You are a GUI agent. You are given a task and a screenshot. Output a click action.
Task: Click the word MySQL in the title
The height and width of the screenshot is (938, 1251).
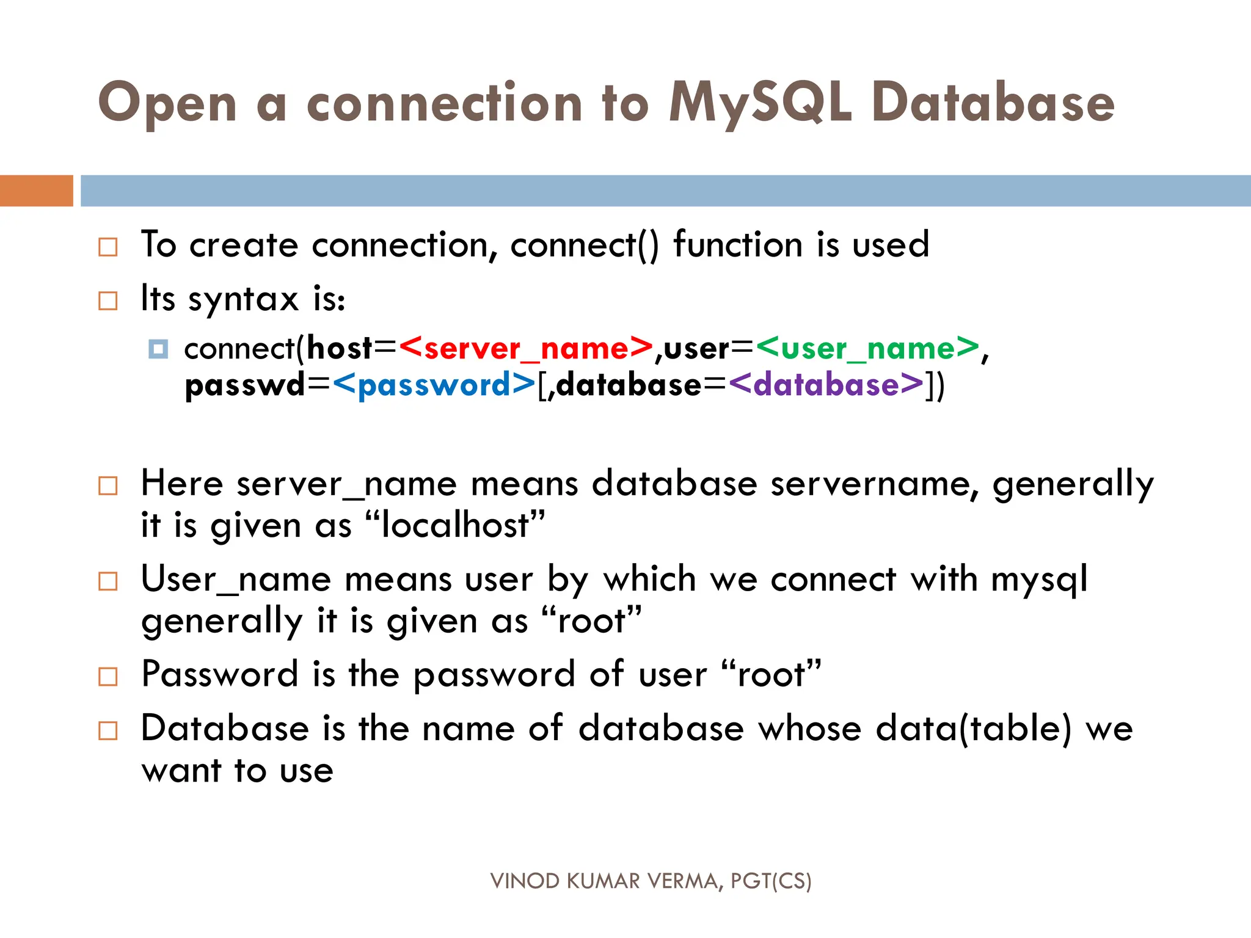[759, 104]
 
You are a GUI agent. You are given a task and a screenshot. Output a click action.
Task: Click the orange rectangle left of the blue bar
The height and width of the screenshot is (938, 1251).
[36, 191]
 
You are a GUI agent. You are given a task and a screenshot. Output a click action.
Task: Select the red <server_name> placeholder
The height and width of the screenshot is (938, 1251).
[526, 349]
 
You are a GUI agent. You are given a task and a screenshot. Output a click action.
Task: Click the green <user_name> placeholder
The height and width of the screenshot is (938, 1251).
[867, 349]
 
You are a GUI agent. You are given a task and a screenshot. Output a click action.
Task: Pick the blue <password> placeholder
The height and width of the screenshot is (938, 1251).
[434, 385]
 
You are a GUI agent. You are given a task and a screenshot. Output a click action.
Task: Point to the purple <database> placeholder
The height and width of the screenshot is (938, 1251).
[826, 385]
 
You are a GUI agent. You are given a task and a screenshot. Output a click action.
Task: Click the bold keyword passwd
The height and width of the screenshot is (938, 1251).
[244, 385]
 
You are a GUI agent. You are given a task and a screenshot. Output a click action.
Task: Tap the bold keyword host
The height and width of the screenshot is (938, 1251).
[340, 349]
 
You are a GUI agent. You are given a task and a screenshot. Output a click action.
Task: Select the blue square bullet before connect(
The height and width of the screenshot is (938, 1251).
[158, 349]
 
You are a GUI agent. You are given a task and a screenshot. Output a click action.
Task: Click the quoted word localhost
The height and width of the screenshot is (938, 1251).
[455, 526]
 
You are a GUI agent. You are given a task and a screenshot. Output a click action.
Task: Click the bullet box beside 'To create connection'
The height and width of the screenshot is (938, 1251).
[108, 247]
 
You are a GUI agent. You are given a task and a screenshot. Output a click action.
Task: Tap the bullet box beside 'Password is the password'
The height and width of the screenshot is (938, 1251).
[108, 677]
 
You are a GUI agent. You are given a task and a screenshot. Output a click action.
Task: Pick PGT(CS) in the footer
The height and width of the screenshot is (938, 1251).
[771, 881]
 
